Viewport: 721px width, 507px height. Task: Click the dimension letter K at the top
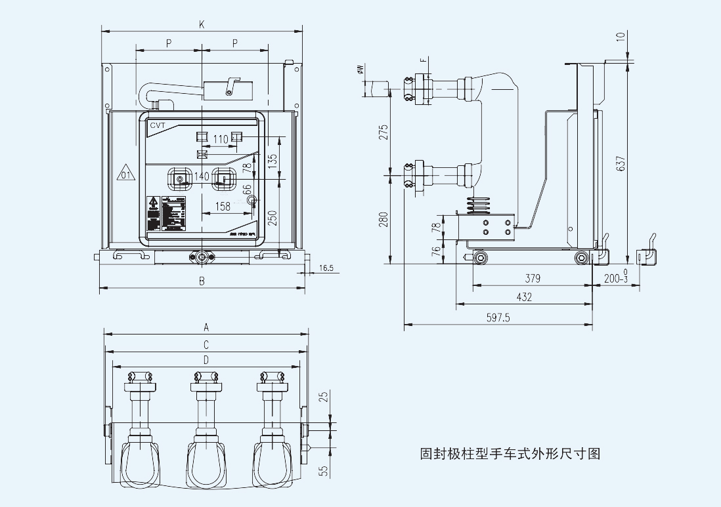click(x=202, y=24)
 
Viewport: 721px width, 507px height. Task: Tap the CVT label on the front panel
click(x=158, y=125)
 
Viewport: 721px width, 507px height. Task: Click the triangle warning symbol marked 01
click(x=125, y=174)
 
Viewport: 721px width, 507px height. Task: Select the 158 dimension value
click(x=223, y=207)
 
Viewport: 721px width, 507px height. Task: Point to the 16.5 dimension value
click(x=326, y=268)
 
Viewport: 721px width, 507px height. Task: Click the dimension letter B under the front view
click(x=202, y=281)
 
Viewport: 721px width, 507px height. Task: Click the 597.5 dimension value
click(x=498, y=317)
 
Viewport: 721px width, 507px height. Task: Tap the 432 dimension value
click(x=524, y=297)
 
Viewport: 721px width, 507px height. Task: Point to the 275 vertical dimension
click(x=385, y=132)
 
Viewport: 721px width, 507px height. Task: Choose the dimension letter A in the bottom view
click(x=206, y=327)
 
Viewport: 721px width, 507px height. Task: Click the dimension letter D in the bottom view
click(x=206, y=359)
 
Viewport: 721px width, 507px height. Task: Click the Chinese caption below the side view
click(x=510, y=453)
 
